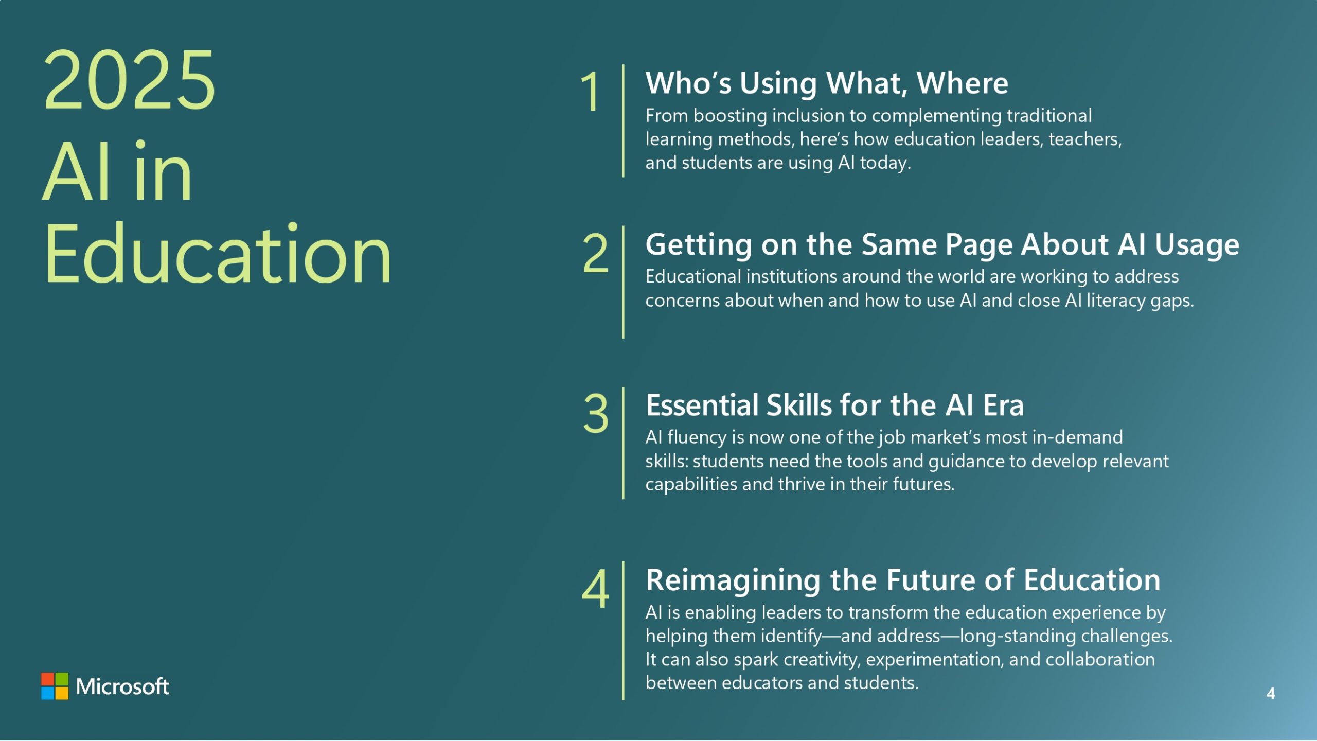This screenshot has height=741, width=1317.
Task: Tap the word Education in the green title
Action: (218, 254)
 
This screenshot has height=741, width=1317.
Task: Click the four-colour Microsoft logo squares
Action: (55, 686)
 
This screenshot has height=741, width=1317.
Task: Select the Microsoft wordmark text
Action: (122, 686)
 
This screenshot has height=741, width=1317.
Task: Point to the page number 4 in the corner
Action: (1271, 694)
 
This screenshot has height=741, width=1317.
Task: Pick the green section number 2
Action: (595, 253)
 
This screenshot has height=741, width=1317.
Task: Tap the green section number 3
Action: (596, 413)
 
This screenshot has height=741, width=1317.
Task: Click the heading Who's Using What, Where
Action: (827, 83)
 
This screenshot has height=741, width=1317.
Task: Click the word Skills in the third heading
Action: (798, 405)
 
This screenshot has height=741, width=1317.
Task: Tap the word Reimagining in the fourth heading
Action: (733, 581)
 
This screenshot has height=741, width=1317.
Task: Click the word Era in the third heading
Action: (1003, 405)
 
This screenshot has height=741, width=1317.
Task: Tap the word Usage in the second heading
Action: (1197, 245)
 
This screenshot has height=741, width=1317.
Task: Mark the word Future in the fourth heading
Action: (931, 580)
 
